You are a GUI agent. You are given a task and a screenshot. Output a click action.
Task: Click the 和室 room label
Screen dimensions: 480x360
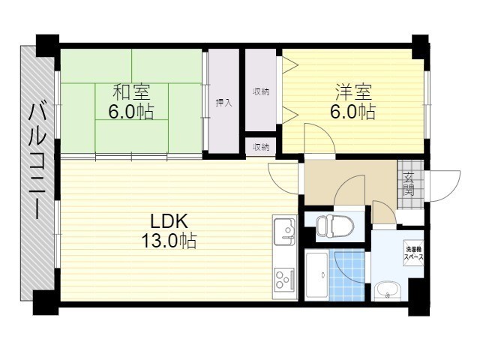click(x=131, y=93)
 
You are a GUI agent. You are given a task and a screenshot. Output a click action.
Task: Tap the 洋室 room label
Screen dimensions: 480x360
click(x=353, y=92)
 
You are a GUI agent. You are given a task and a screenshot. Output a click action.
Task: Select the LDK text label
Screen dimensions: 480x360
click(x=169, y=221)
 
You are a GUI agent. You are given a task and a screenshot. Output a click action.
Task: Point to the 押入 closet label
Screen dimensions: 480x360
click(x=223, y=103)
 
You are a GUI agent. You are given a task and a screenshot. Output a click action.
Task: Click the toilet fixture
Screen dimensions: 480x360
click(x=334, y=226)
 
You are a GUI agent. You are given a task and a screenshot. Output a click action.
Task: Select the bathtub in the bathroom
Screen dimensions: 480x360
click(x=317, y=274)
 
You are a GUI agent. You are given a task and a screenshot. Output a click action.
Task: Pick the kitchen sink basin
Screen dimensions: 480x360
click(x=285, y=231)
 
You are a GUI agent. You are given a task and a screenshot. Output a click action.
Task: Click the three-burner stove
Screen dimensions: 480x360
click(x=285, y=279)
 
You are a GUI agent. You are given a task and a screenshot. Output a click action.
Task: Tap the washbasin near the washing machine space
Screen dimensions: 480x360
click(x=387, y=289)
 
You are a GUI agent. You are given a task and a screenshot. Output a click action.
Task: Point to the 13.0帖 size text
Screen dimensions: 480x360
click(x=169, y=241)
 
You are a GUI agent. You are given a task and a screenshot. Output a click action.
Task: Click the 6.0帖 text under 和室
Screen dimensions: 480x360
click(x=131, y=112)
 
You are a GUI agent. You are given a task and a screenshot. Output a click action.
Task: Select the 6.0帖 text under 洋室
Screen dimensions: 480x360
click(x=353, y=112)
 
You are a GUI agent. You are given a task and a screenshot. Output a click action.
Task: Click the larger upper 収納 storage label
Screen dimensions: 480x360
click(x=261, y=91)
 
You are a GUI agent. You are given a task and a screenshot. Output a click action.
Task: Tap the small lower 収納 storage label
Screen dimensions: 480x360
click(x=261, y=147)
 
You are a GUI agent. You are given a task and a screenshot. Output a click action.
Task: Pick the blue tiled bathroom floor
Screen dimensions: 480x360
click(x=347, y=274)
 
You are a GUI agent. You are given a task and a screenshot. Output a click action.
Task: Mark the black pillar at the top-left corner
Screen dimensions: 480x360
click(x=47, y=45)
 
